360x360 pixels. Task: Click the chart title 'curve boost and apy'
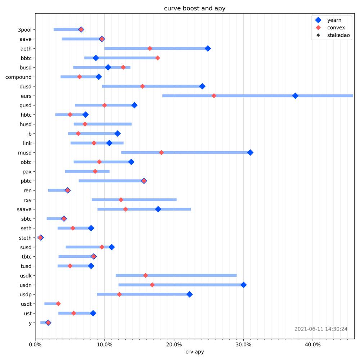pyautogui.click(x=194, y=9)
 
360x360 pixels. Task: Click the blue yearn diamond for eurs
pyautogui.click(x=295, y=96)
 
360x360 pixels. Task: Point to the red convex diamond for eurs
pyautogui.click(x=214, y=96)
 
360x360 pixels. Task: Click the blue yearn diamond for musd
pyautogui.click(x=250, y=152)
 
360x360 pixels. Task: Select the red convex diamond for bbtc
pyautogui.click(x=158, y=58)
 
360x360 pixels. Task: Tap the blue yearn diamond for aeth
pyautogui.click(x=208, y=49)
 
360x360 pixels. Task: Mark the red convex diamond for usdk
pyautogui.click(x=145, y=275)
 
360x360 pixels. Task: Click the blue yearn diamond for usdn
pyautogui.click(x=243, y=285)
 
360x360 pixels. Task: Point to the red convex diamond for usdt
pyautogui.click(x=58, y=304)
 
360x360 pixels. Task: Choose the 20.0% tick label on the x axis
pyautogui.click(x=174, y=345)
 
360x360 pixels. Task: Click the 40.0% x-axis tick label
pyautogui.click(x=313, y=345)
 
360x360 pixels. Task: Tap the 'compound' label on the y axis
pyautogui.click(x=18, y=77)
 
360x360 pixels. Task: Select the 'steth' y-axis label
pyautogui.click(x=25, y=238)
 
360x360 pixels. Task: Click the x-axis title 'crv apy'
pyautogui.click(x=194, y=352)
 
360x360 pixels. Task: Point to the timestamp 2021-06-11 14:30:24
pyautogui.click(x=321, y=329)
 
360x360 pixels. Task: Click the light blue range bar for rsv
pyautogui.click(x=134, y=200)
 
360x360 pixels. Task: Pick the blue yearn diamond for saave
pyautogui.click(x=158, y=209)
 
